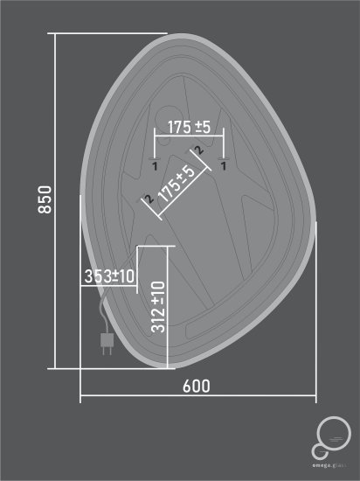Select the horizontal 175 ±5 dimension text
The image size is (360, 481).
pos(190,127)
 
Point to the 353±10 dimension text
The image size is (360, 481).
pos(110,276)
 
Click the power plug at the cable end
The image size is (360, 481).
pos(107,345)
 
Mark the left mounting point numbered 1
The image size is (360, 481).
pos(155,164)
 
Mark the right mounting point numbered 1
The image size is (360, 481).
pos(224,164)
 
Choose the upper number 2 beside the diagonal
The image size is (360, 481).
pos(200,150)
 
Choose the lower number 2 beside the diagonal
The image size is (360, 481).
pos(149,200)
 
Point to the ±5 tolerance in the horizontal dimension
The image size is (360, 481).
pos(203,127)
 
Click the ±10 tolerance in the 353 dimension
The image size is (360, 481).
pos(124,276)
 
